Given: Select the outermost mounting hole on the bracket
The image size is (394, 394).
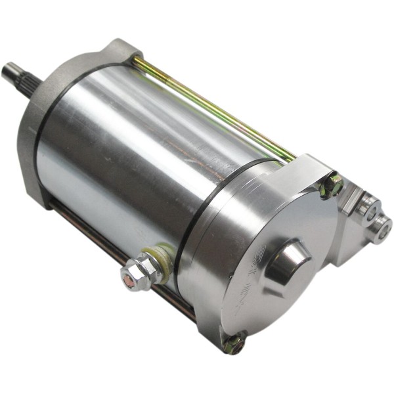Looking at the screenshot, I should pyautogui.click(x=381, y=230).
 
